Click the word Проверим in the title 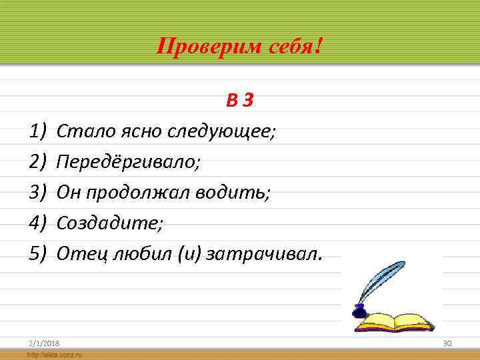click(198, 47)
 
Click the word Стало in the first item click(78, 131)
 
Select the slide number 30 click(447, 342)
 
